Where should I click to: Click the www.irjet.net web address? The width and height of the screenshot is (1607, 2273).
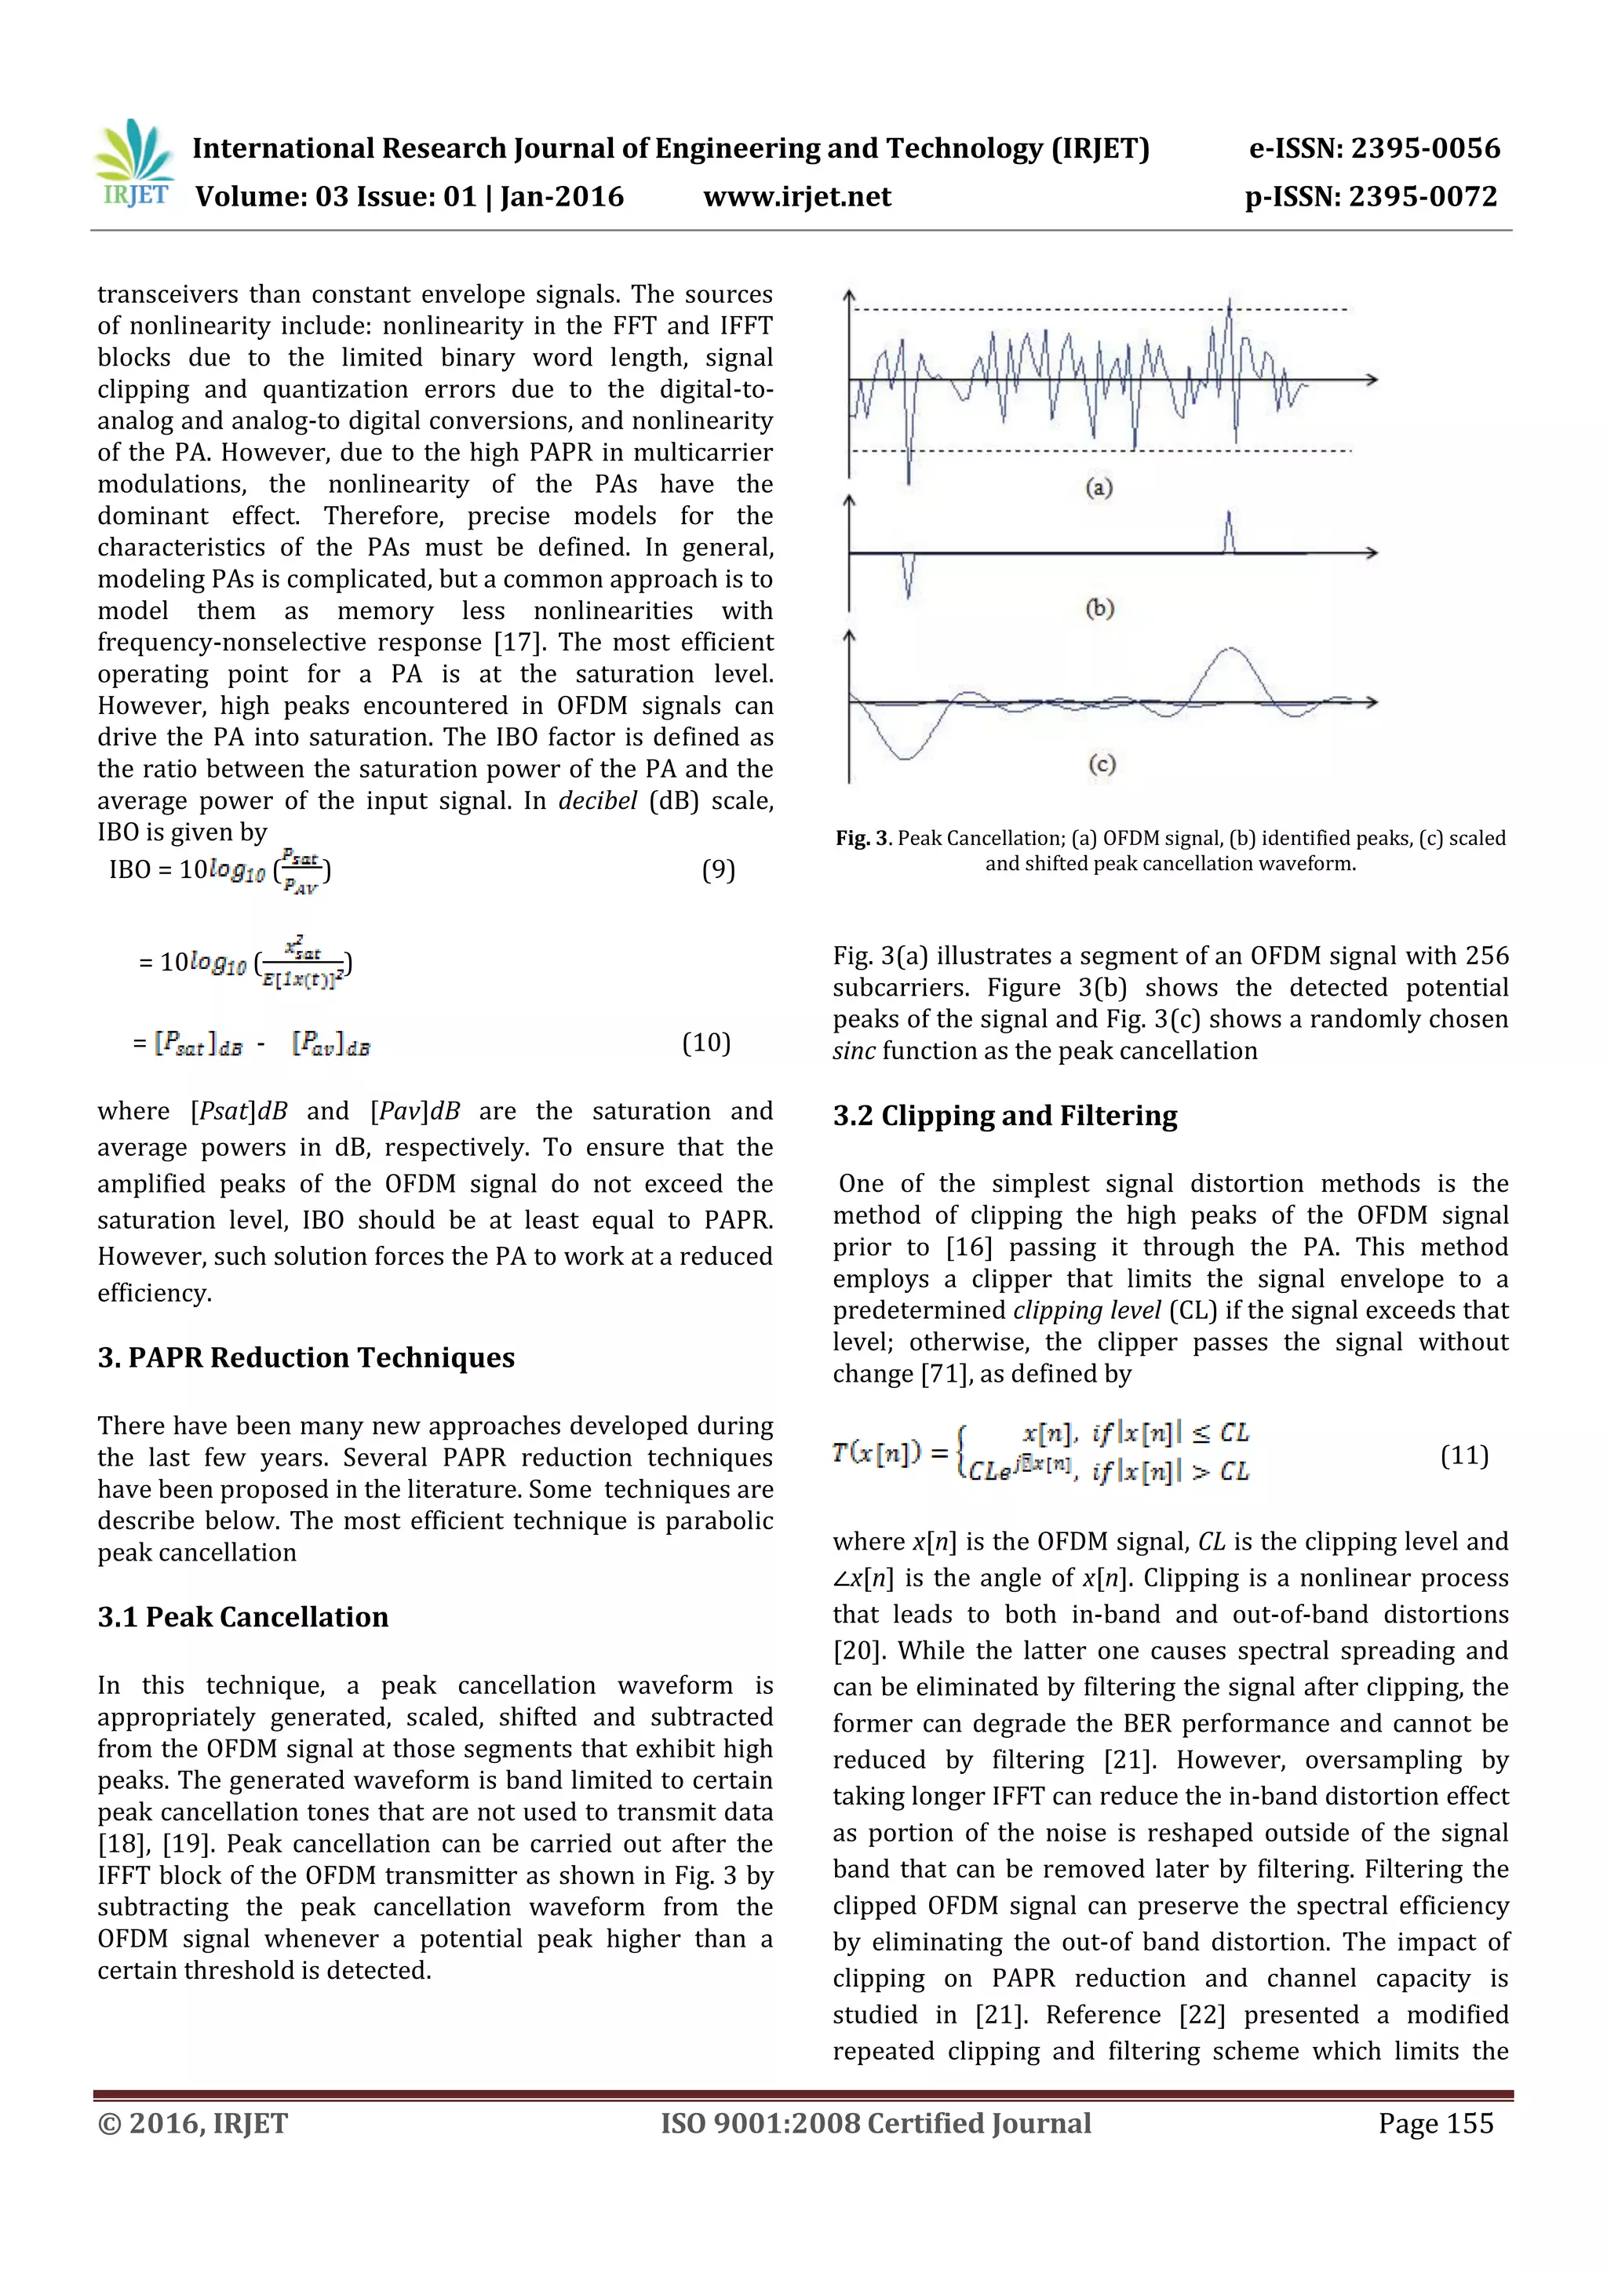797,197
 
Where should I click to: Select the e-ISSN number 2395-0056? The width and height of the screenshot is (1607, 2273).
1425,148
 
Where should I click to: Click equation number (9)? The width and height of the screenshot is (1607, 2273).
718,870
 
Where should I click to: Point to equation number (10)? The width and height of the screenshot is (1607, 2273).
706,1043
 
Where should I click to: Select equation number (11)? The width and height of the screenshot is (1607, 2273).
1463,1455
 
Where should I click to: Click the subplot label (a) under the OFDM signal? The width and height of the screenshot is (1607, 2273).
1099,487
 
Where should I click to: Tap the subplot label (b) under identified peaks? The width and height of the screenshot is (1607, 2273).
1099,608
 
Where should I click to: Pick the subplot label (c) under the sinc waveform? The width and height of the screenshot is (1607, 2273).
1101,763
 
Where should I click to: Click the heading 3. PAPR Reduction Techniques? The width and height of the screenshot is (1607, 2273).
306,1357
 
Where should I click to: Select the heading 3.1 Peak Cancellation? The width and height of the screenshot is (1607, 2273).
242,1616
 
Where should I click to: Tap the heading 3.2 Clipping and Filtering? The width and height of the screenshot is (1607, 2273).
1004,1116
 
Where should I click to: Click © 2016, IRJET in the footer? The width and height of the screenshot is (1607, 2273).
192,2122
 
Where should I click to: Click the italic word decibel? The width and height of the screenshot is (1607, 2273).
597,801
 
